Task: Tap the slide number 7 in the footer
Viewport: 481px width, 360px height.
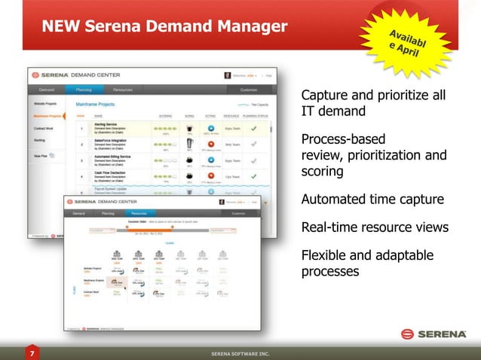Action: [x=32, y=352]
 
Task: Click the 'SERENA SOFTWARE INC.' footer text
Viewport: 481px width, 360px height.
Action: [x=240, y=353]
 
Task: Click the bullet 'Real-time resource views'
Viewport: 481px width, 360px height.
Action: [x=375, y=227]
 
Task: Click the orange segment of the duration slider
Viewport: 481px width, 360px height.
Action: [x=167, y=228]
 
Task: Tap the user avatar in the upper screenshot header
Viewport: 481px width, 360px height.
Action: [x=227, y=75]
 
